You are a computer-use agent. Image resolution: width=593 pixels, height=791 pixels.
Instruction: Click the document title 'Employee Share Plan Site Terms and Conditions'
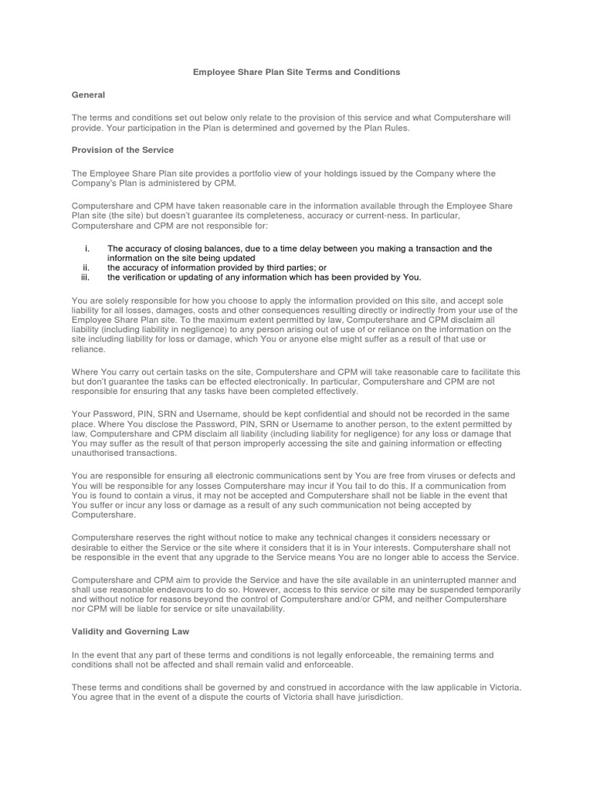[296, 72]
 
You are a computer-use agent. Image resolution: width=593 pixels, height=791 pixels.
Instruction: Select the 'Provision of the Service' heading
[123, 149]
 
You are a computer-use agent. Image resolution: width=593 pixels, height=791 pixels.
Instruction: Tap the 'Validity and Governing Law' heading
[130, 631]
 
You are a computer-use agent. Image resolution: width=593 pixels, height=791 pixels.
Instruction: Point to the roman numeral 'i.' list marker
[86, 249]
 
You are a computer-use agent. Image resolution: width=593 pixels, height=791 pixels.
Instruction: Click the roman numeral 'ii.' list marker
[86, 267]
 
